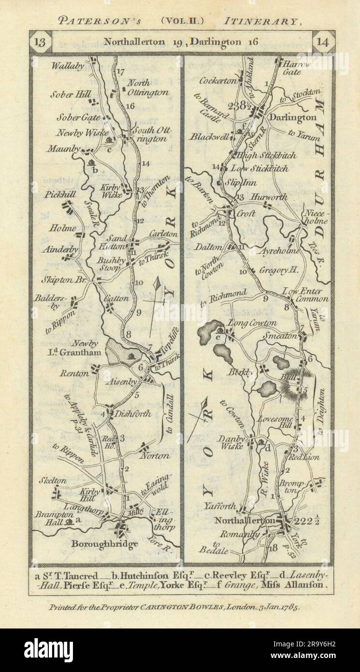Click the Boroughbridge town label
point(104,543)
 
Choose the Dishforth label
point(131,414)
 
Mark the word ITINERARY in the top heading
point(263,21)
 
